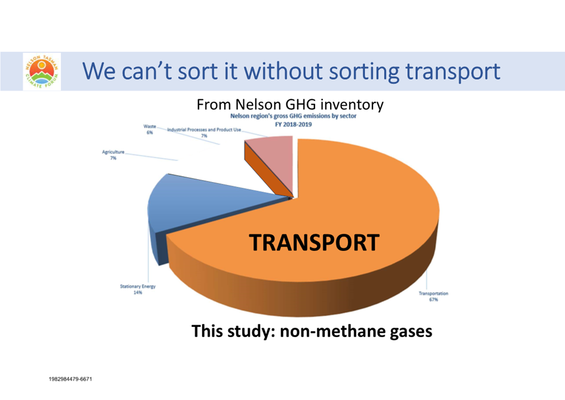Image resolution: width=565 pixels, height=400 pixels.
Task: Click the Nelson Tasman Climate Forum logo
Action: pyautogui.click(x=42, y=71)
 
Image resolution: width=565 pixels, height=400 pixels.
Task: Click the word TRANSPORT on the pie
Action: pyautogui.click(x=314, y=243)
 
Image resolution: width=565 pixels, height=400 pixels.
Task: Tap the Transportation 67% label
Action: pyautogui.click(x=433, y=296)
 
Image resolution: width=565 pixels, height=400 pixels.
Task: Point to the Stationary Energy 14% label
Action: pyautogui.click(x=138, y=289)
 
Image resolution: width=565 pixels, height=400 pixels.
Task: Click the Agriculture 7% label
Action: pyautogui.click(x=113, y=155)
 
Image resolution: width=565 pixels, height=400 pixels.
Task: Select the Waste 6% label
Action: pyautogui.click(x=149, y=129)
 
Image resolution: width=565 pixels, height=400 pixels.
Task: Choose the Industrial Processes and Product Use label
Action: pyautogui.click(x=204, y=132)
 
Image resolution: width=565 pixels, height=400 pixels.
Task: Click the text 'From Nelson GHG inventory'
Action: pyautogui.click(x=290, y=105)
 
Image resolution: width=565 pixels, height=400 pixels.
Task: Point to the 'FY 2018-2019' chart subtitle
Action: pyautogui.click(x=293, y=125)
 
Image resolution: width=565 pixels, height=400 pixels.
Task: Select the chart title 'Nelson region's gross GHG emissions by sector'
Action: pyautogui.click(x=294, y=116)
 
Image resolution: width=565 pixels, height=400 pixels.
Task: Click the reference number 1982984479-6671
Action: pyautogui.click(x=71, y=379)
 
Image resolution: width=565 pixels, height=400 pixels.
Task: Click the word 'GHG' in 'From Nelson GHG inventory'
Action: pyautogui.click(x=300, y=105)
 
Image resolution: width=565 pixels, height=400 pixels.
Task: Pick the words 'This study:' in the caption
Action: pyautogui.click(x=234, y=331)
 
